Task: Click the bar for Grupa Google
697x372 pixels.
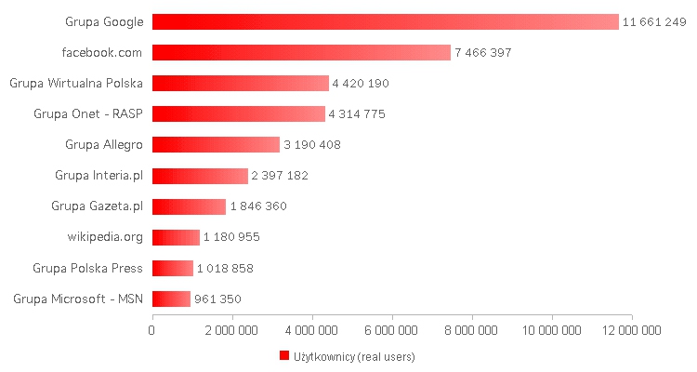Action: pos(385,21)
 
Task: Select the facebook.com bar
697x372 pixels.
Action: pos(301,52)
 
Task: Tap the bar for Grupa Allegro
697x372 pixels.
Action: pos(216,145)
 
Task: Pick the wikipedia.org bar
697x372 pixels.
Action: pos(176,237)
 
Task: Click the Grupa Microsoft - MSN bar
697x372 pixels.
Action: pos(171,299)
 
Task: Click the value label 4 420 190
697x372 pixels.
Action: pos(360,84)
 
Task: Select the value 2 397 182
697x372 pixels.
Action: pos(280,176)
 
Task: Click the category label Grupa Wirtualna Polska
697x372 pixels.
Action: pos(76,84)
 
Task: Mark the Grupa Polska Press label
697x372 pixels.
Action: pos(87,269)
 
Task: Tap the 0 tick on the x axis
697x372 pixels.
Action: pos(152,329)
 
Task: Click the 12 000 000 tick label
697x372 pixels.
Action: pos(632,329)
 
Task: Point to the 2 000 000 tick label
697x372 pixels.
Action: pos(232,329)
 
